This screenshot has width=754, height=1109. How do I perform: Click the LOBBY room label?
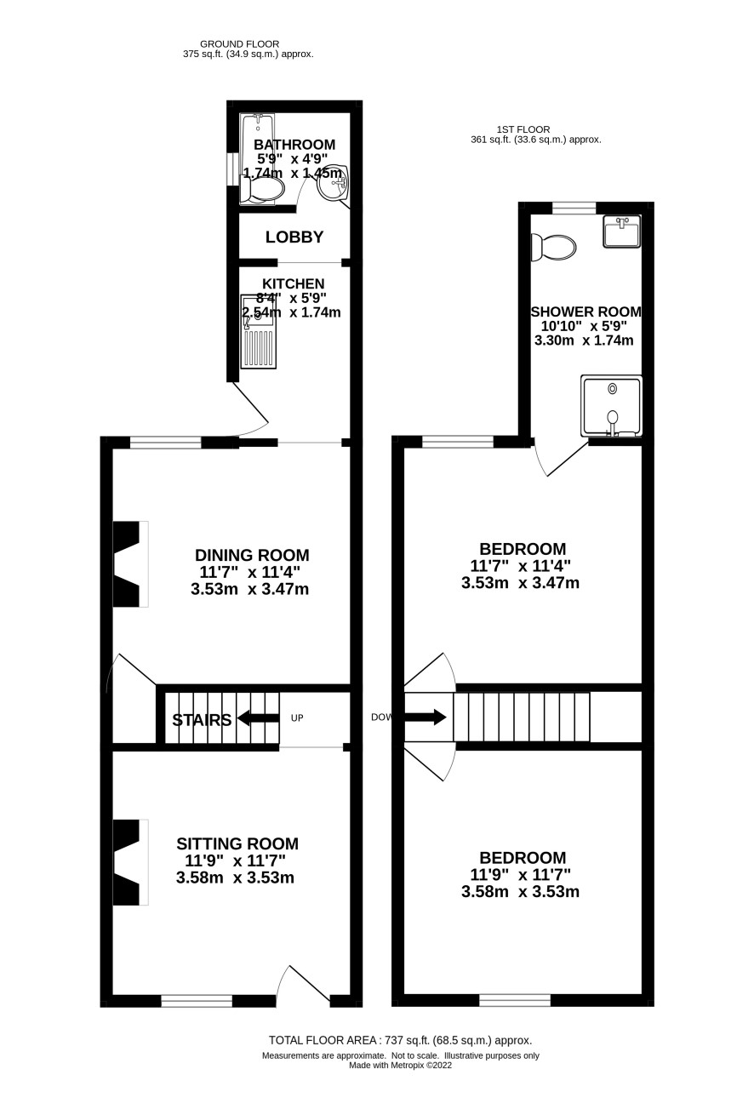[294, 237]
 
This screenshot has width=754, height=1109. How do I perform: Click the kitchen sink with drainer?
[258, 332]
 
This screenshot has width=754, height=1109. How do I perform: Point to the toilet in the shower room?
[553, 247]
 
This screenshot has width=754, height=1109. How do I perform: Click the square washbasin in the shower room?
[622, 231]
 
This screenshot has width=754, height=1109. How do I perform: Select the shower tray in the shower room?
[611, 406]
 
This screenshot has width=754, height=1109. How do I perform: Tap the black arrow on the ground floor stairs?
[258, 717]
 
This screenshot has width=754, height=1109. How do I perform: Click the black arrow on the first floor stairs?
[426, 717]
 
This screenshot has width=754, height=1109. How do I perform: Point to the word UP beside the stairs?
[296, 717]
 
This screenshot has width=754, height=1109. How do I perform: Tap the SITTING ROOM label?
[237, 843]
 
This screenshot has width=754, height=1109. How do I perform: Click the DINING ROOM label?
[252, 555]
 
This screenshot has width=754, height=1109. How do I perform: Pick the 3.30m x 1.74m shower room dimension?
[584, 340]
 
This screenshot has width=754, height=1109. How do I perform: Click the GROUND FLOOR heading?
[240, 44]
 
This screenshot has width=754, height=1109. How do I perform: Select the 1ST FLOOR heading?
[523, 129]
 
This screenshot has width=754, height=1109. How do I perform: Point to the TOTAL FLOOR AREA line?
[400, 1041]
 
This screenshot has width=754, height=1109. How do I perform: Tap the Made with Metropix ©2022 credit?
[400, 1066]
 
